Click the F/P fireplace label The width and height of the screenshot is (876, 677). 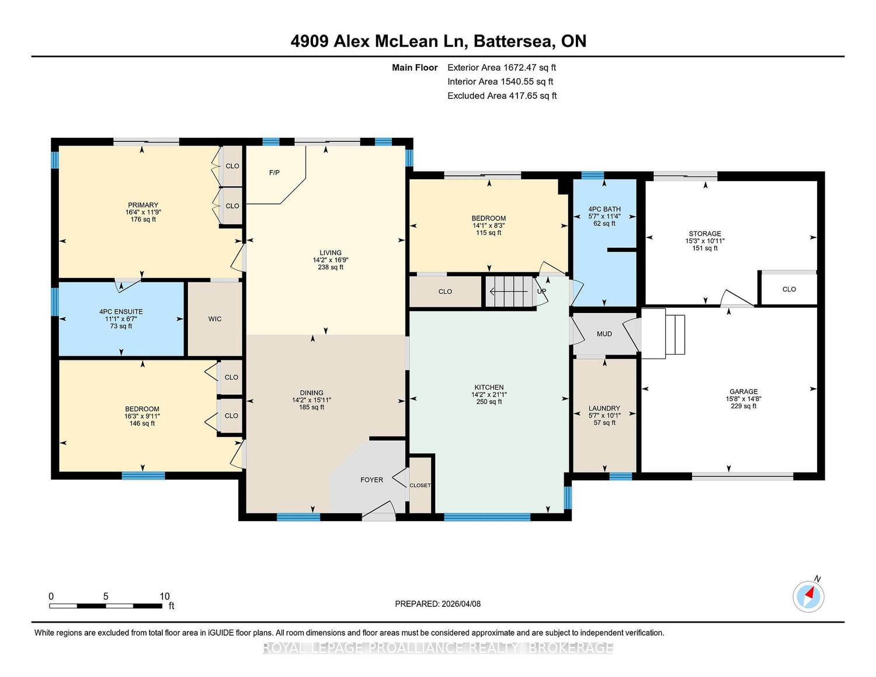click(x=274, y=172)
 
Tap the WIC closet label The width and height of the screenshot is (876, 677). click(x=215, y=319)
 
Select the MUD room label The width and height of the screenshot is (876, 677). click(x=604, y=334)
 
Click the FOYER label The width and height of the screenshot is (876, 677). click(x=371, y=480)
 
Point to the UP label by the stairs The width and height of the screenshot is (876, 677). click(x=542, y=291)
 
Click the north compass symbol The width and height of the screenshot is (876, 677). click(x=808, y=596)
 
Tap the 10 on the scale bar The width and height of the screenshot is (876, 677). click(x=165, y=596)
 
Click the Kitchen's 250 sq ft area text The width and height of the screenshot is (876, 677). click(x=489, y=402)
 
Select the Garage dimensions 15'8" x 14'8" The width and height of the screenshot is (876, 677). click(x=743, y=399)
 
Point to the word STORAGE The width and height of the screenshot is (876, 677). click(x=705, y=234)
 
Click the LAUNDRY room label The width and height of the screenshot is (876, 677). click(x=604, y=408)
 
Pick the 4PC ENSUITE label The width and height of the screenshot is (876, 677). click(x=121, y=312)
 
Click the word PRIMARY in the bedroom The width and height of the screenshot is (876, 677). click(x=142, y=205)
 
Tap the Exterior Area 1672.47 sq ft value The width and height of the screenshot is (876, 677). click(x=502, y=68)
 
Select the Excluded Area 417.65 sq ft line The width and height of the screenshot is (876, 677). click(x=502, y=96)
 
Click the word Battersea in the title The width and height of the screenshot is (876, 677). click(x=513, y=41)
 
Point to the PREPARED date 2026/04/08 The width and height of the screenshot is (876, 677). click(x=461, y=604)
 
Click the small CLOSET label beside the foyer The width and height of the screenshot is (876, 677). click(x=420, y=485)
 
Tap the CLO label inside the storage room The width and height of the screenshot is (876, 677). click(x=789, y=289)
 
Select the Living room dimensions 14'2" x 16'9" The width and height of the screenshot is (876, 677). click(x=330, y=260)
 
